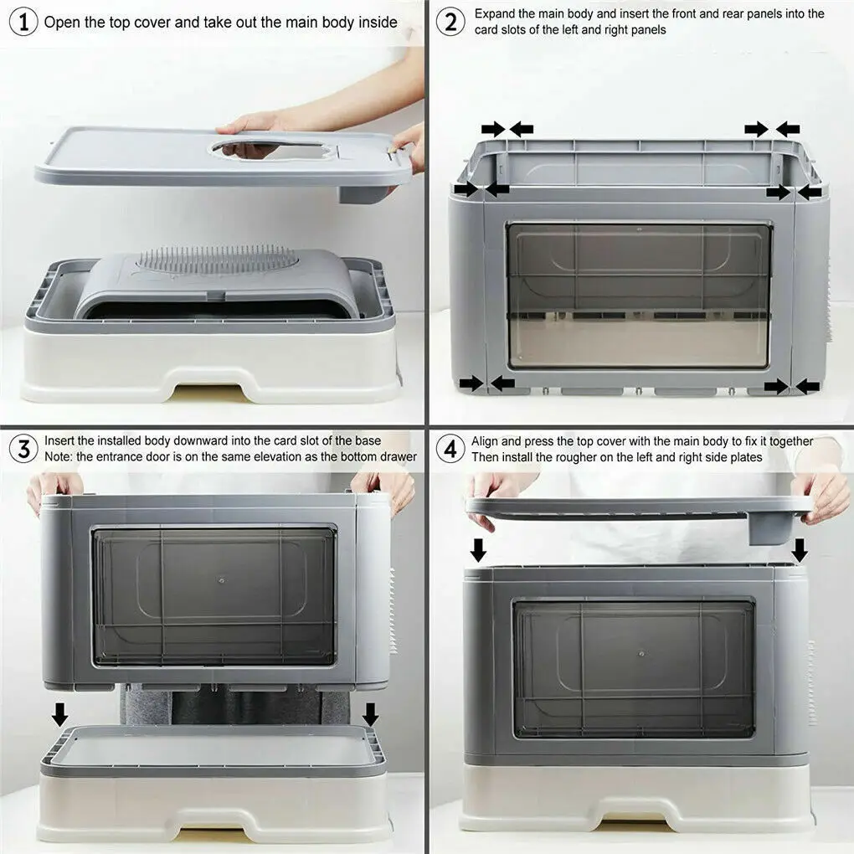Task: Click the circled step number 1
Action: (23, 22)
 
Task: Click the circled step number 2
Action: (451, 22)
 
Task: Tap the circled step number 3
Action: (23, 449)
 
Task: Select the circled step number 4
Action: (451, 449)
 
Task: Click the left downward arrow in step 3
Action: (59, 714)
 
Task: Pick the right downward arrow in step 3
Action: (370, 714)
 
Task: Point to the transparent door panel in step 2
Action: (638, 295)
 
